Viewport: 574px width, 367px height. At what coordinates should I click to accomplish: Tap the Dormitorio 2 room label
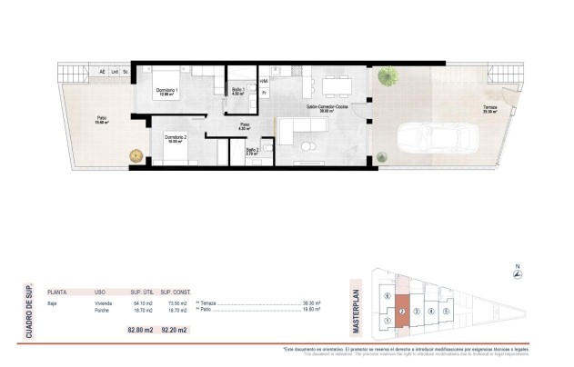pos(176,137)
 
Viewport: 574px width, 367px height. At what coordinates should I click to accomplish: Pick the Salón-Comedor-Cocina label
pos(328,105)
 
